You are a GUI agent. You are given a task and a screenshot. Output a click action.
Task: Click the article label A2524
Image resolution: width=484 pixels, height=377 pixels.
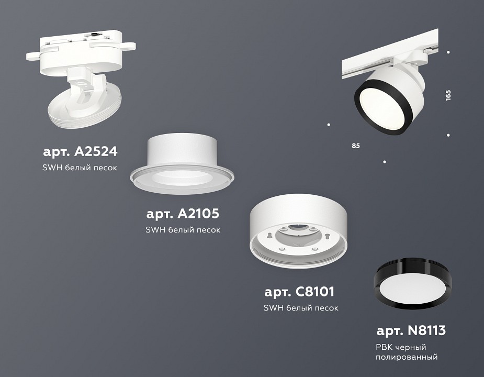click(x=80, y=152)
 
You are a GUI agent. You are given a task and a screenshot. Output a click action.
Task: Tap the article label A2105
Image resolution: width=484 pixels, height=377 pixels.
click(x=183, y=214)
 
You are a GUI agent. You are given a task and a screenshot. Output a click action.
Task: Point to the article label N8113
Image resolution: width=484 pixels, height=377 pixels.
click(x=411, y=330)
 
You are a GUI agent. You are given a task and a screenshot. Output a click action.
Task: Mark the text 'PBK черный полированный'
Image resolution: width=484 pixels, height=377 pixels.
click(x=407, y=352)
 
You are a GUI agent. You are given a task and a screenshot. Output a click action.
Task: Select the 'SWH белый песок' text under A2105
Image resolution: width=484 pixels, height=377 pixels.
click(x=183, y=229)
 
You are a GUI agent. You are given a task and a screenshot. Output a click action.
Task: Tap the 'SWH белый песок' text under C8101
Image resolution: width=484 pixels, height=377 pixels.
click(x=301, y=307)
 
